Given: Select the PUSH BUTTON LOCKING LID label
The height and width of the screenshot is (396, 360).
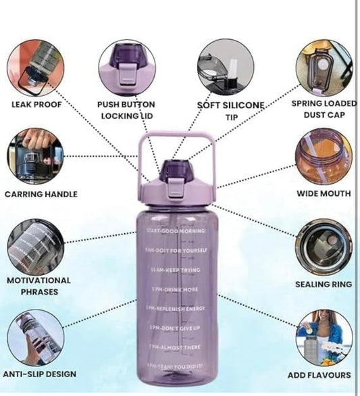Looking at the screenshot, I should [x=126, y=110].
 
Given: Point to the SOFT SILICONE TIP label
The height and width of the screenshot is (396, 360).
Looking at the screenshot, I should [x=231, y=111].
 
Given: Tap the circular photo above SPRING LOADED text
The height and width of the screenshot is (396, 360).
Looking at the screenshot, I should [x=324, y=67].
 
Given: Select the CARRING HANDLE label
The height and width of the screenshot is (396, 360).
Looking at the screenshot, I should [x=41, y=194].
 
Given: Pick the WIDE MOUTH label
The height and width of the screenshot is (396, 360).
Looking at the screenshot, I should [x=324, y=194].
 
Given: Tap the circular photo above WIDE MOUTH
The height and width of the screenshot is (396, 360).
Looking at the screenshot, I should [x=325, y=156].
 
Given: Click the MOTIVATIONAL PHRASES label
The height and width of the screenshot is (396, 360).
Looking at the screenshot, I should [x=38, y=286].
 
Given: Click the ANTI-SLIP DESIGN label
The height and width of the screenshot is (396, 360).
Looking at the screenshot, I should [x=39, y=374].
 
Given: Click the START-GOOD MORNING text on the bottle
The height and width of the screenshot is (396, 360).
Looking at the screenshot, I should [x=176, y=231].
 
